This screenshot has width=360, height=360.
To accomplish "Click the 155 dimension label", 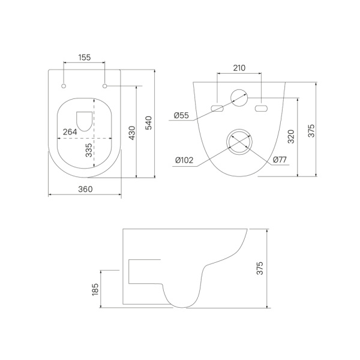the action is [85, 58].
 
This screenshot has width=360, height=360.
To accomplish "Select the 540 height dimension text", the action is [149, 123].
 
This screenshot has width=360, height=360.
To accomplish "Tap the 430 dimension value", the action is [132, 133].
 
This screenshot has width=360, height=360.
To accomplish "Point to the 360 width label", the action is [85, 189].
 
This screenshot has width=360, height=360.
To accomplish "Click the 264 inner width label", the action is [70, 132].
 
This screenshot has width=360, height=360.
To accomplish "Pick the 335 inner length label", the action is [89, 150].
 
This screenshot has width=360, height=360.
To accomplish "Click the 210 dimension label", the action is [239, 68].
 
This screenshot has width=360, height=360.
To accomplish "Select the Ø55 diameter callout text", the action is [181, 115].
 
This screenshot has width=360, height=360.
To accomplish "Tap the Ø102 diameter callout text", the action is [184, 160].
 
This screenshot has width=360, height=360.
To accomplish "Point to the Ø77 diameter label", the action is [280, 160].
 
